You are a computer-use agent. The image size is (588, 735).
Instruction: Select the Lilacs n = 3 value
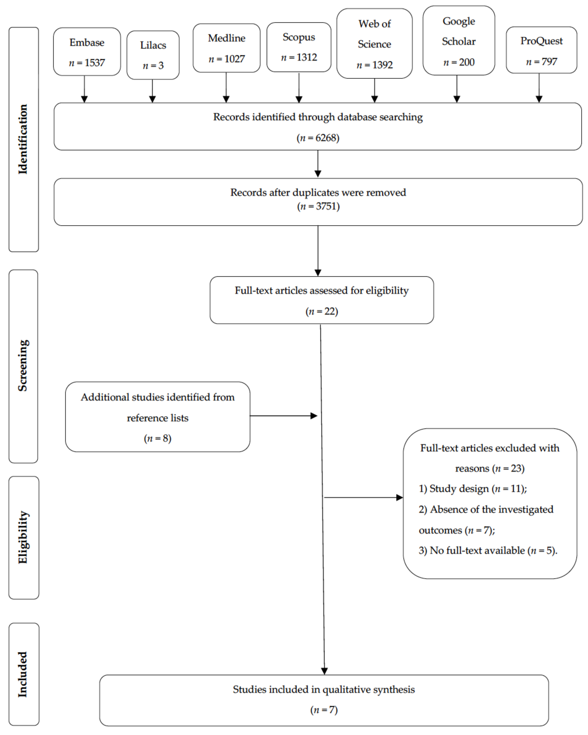153,65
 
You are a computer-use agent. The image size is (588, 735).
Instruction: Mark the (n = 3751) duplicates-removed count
318,206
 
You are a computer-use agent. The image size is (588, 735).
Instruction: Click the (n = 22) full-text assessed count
321,311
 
